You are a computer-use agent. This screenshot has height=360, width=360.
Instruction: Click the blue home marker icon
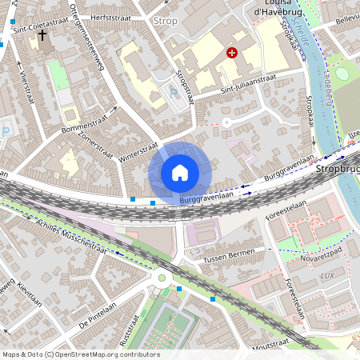(180, 173)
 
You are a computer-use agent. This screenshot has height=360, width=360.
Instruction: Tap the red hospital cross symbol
(232, 53)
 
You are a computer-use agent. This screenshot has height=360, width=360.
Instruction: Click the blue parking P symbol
(174, 93)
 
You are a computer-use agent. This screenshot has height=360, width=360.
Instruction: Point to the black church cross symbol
(42, 36)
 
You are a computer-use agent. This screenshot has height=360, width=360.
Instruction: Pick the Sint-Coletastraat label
(41, 25)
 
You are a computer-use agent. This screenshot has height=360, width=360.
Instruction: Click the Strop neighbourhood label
(165, 21)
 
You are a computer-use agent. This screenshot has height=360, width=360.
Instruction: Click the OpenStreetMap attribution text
(80, 354)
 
